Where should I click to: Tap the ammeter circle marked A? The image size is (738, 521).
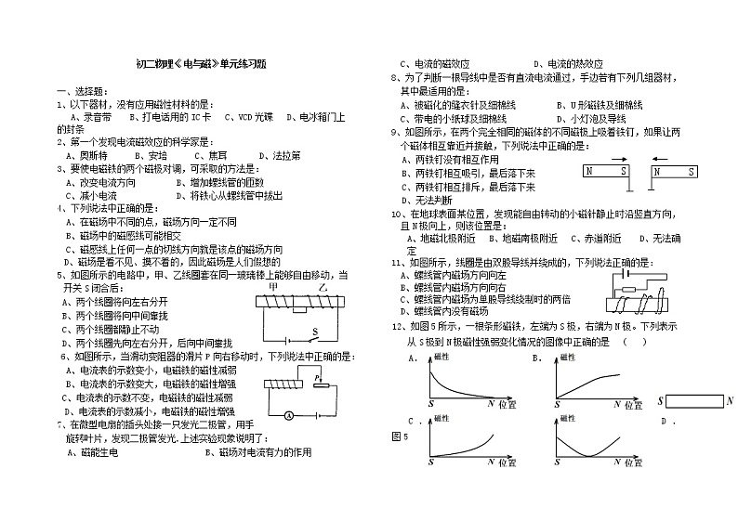289,414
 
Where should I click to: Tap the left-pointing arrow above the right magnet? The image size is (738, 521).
666,159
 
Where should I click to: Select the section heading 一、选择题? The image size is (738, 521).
81,91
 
